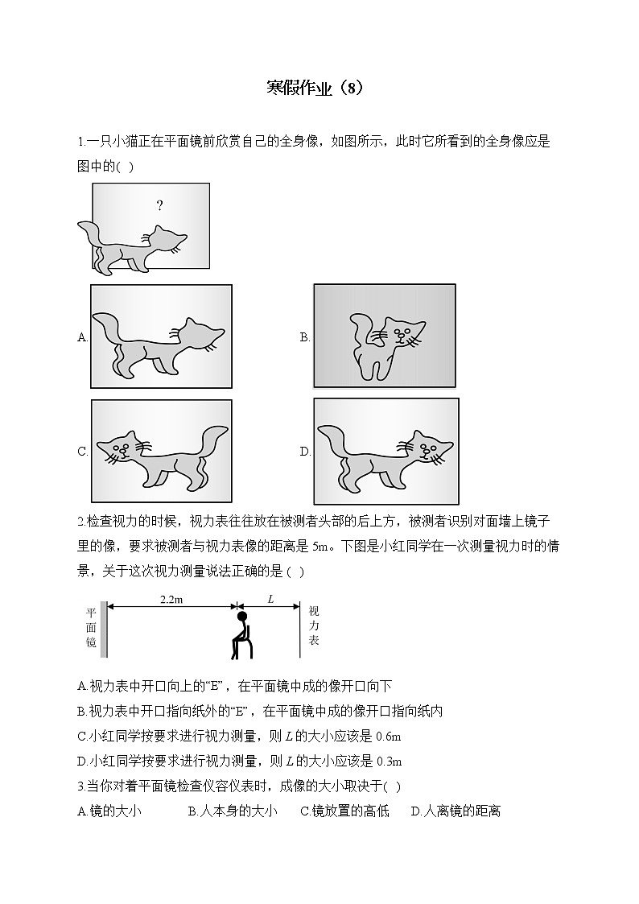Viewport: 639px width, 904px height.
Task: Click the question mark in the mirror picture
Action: pos(159,206)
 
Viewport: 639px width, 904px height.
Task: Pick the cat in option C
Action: pos(161,456)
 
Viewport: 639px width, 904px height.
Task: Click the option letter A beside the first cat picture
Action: pos(82,338)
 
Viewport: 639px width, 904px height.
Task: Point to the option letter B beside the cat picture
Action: pos(305,338)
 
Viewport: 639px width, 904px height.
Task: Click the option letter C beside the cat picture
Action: pos(82,452)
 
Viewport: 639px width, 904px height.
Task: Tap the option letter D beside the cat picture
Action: pos(305,452)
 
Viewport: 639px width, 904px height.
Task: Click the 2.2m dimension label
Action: pos(171,600)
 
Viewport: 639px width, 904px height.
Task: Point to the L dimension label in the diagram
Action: pos(270,600)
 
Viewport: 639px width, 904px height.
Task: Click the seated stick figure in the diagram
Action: pos(241,636)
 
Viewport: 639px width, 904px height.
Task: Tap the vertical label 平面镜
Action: pos(91,628)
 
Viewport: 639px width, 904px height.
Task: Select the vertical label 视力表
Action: pos(314,625)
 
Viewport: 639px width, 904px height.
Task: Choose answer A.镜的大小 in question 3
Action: pos(109,811)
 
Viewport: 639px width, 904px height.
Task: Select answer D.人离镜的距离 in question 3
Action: pos(456,811)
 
